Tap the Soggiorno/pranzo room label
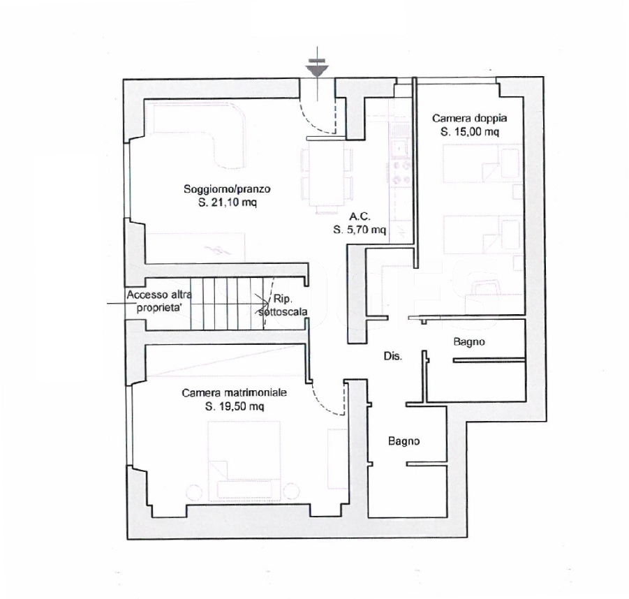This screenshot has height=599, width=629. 227,188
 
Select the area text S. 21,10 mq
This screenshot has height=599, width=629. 228,202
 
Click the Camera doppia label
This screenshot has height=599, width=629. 469,119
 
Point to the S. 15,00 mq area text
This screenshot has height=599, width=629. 469,132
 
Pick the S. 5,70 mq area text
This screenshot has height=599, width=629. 360,230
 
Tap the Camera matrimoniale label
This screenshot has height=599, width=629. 235,392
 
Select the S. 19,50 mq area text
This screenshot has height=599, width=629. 235,406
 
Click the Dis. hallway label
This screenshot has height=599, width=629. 393,356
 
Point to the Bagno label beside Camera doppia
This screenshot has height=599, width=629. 469,342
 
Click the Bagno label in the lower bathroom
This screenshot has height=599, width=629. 404,441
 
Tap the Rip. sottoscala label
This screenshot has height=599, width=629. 283,305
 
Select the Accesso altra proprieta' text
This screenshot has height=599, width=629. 159,302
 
